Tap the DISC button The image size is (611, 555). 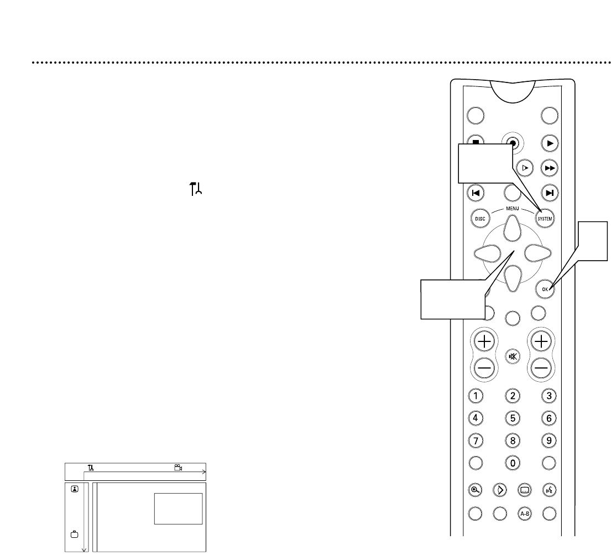(x=479, y=219)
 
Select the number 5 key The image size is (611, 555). (x=513, y=418)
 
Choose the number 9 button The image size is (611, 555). (x=549, y=441)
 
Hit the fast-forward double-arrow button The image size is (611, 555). (x=549, y=167)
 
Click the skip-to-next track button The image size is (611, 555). (x=549, y=193)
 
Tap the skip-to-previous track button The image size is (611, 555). (x=476, y=193)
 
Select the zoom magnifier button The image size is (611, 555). (x=476, y=489)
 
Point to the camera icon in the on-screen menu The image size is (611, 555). (x=177, y=468)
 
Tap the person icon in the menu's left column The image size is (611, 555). (x=74, y=489)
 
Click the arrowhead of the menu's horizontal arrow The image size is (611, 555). (x=205, y=472)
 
